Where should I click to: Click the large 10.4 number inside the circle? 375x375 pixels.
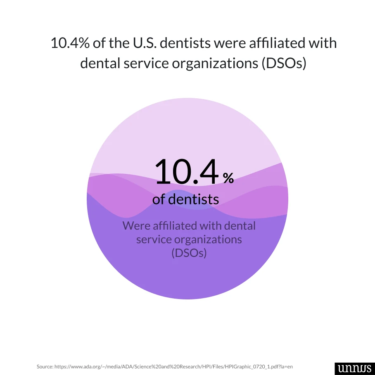[186, 171]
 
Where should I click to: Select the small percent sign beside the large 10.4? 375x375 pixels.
[228, 178]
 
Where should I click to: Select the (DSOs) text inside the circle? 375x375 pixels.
[189, 253]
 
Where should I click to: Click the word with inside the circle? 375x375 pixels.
[211, 226]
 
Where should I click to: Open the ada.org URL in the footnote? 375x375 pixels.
[173, 366]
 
